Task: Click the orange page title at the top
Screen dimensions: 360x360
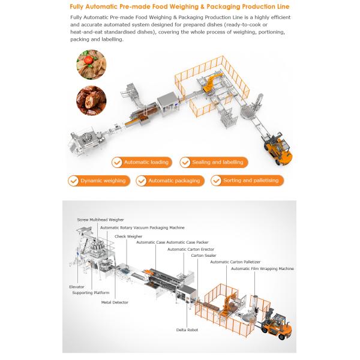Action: pos(179,6)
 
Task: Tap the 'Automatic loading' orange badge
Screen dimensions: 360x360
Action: pos(142,162)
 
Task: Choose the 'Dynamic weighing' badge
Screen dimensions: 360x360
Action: pos(98,180)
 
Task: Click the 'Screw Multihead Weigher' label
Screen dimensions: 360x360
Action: pos(96,220)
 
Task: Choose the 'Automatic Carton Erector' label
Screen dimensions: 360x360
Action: pos(191,249)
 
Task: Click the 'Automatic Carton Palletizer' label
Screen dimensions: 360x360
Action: pos(235,262)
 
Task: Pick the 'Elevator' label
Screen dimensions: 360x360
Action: pos(76,287)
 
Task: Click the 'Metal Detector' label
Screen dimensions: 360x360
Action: pos(115,302)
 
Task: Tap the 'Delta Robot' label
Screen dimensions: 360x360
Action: pos(187,329)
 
